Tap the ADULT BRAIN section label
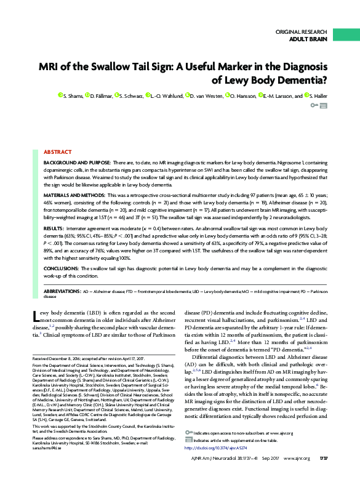pos(308,39)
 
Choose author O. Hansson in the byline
pos(242,96)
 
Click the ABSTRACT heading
pos(57,134)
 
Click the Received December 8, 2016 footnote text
pos(71,358)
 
